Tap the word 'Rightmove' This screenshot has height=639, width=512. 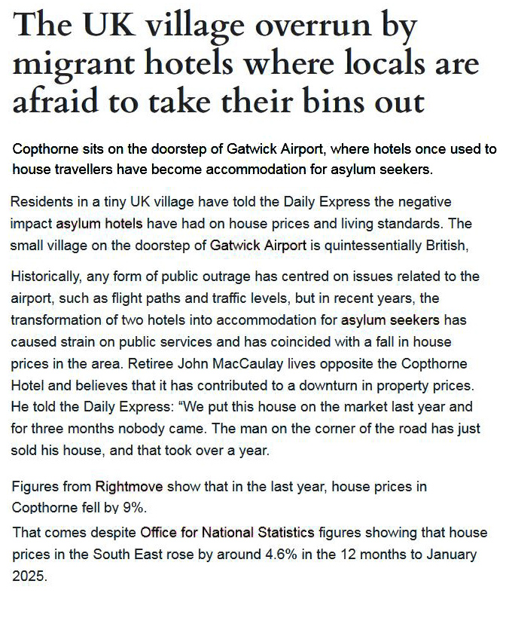[125, 486]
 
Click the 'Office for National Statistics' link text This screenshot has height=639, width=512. [227, 534]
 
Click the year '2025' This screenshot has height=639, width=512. [29, 576]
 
